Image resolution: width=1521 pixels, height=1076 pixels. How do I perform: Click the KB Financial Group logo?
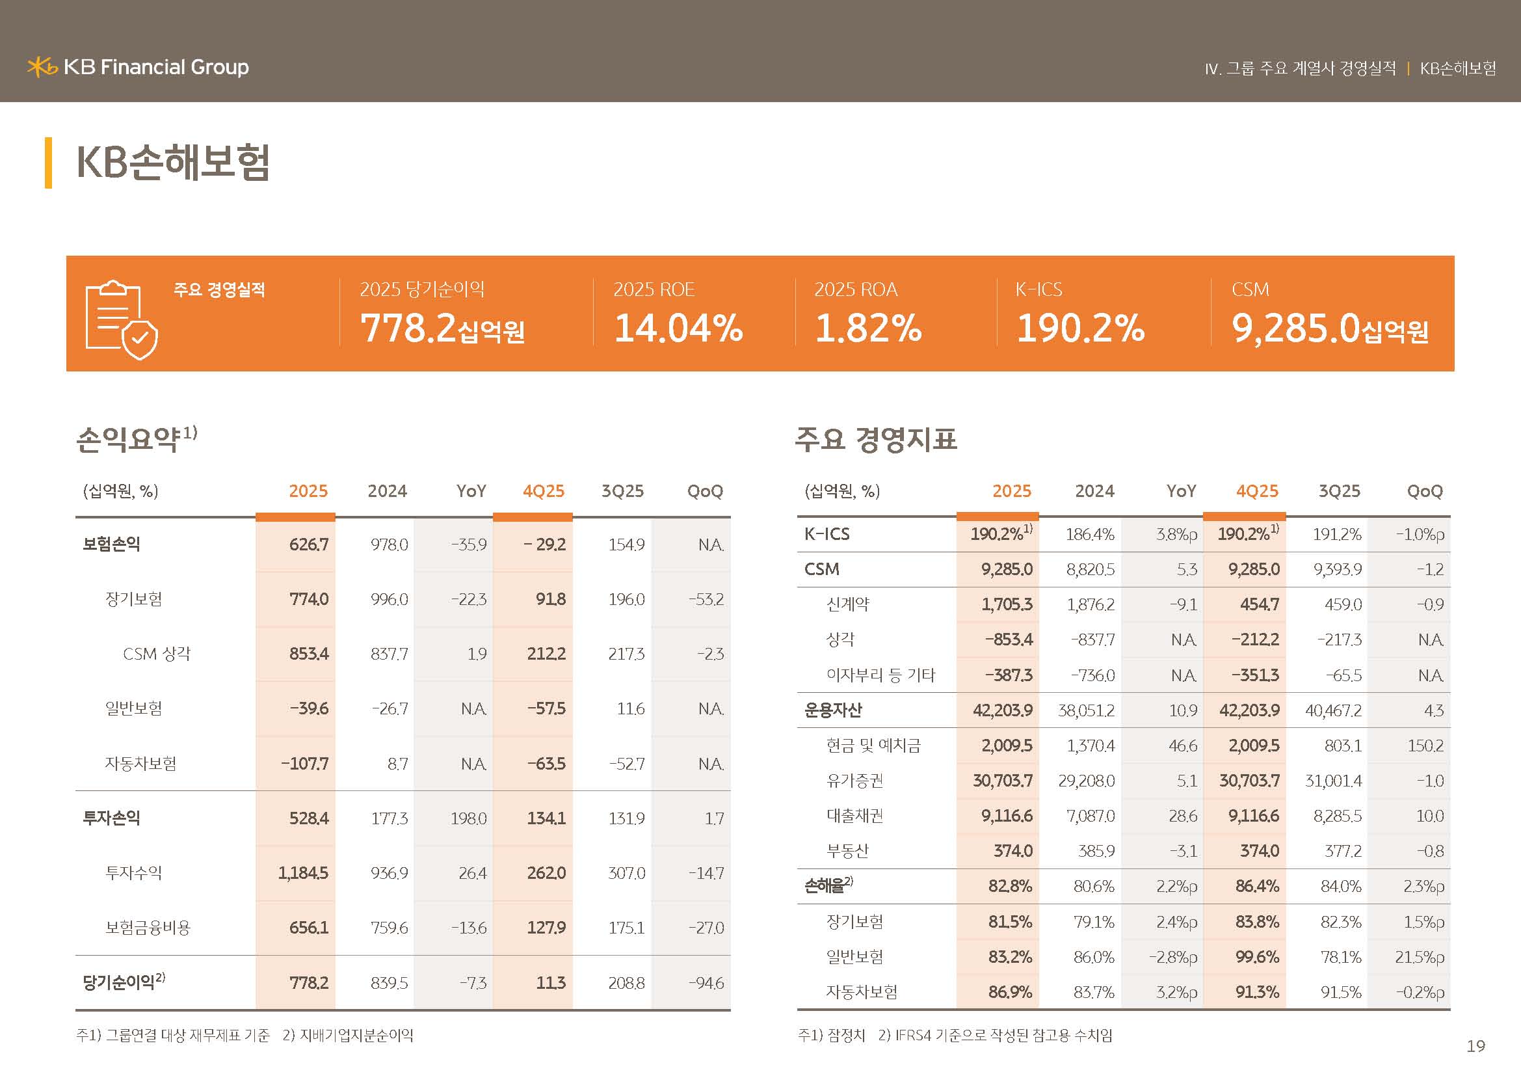tap(138, 67)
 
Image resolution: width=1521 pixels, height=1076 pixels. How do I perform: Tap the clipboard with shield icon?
tap(121, 319)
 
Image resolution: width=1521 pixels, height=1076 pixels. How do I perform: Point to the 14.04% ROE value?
tap(678, 328)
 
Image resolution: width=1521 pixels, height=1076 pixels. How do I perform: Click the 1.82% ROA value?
tap(868, 328)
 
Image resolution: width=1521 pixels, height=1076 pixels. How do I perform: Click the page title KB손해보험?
tap(173, 162)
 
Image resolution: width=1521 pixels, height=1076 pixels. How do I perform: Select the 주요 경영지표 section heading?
tap(876, 438)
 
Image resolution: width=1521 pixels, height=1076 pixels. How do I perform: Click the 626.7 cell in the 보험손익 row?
tap(309, 545)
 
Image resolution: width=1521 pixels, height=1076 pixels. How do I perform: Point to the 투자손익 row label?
tap(111, 818)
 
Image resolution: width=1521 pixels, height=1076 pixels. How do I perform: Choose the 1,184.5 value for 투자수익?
tap(303, 873)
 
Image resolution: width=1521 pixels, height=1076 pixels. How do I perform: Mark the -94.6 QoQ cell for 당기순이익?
tap(706, 983)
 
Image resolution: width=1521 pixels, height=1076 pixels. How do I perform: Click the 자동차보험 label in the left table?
tap(140, 764)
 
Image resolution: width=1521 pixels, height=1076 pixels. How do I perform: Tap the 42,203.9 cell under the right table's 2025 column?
tap(1002, 710)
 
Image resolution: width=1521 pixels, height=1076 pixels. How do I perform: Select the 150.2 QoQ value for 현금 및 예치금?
tap(1425, 746)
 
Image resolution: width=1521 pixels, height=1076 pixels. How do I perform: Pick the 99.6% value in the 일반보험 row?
tap(1257, 958)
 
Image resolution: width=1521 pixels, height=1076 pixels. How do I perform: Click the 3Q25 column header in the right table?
tap(1339, 491)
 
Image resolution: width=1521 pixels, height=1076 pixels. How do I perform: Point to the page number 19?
tap(1475, 1046)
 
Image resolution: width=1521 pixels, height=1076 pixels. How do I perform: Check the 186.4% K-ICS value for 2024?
tap(1090, 534)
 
